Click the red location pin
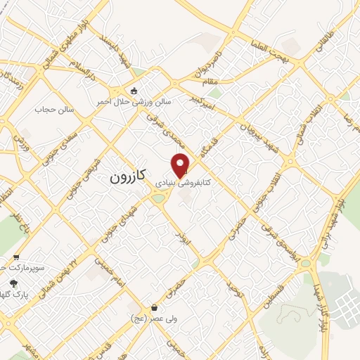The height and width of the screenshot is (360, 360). point(181,165)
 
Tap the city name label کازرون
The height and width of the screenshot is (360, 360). point(127,177)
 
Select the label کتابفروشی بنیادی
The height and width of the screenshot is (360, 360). point(202,181)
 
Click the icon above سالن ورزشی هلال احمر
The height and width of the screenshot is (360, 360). point(134,90)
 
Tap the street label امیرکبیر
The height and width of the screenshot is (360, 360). point(203,104)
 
